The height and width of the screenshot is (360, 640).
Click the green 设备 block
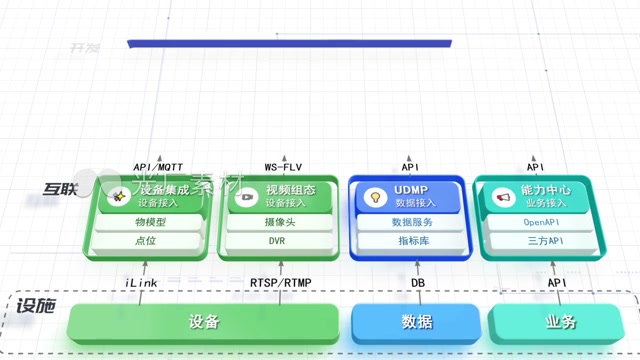tap(203, 322)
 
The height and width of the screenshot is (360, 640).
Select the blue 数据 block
tap(416, 322)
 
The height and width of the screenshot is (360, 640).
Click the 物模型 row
tap(151, 222)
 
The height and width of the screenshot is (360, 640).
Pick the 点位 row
tap(150, 241)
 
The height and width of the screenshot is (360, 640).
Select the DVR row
tap(277, 241)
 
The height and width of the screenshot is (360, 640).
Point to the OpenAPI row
tap(539, 222)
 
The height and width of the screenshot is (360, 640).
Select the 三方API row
tap(540, 241)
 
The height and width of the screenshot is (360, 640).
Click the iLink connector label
tap(141, 283)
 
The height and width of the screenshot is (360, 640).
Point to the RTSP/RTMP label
tap(281, 283)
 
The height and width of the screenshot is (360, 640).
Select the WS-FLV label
tap(283, 167)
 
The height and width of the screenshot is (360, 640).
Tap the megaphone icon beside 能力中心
tap(503, 197)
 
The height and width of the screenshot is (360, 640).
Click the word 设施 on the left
tap(37, 307)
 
